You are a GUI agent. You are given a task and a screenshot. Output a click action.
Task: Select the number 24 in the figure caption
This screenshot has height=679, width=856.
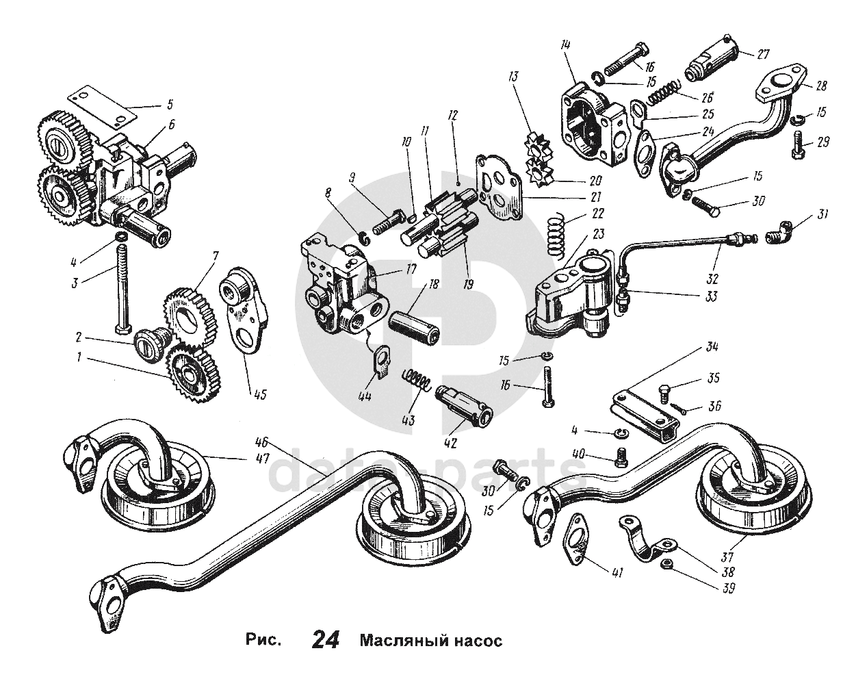pos(326,639)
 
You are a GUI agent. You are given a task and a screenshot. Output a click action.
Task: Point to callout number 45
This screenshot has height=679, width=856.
pos(260,395)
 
